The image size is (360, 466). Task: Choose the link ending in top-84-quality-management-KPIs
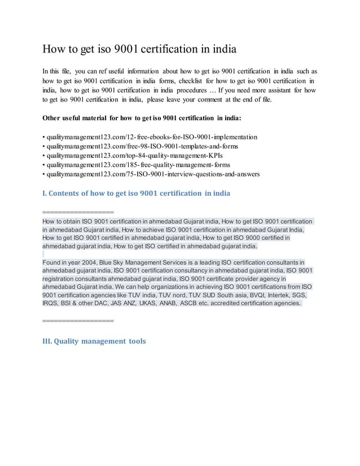pos(129,156)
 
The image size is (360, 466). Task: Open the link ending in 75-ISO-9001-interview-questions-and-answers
pos(151,174)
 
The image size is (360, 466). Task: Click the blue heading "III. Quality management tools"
pos(94,341)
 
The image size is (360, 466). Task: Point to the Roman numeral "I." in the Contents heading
pos(45,193)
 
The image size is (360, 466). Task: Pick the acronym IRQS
pos(52,303)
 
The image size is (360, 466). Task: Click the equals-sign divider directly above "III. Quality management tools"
pos(78,320)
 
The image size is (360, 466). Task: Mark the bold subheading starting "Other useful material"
pos(142,118)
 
